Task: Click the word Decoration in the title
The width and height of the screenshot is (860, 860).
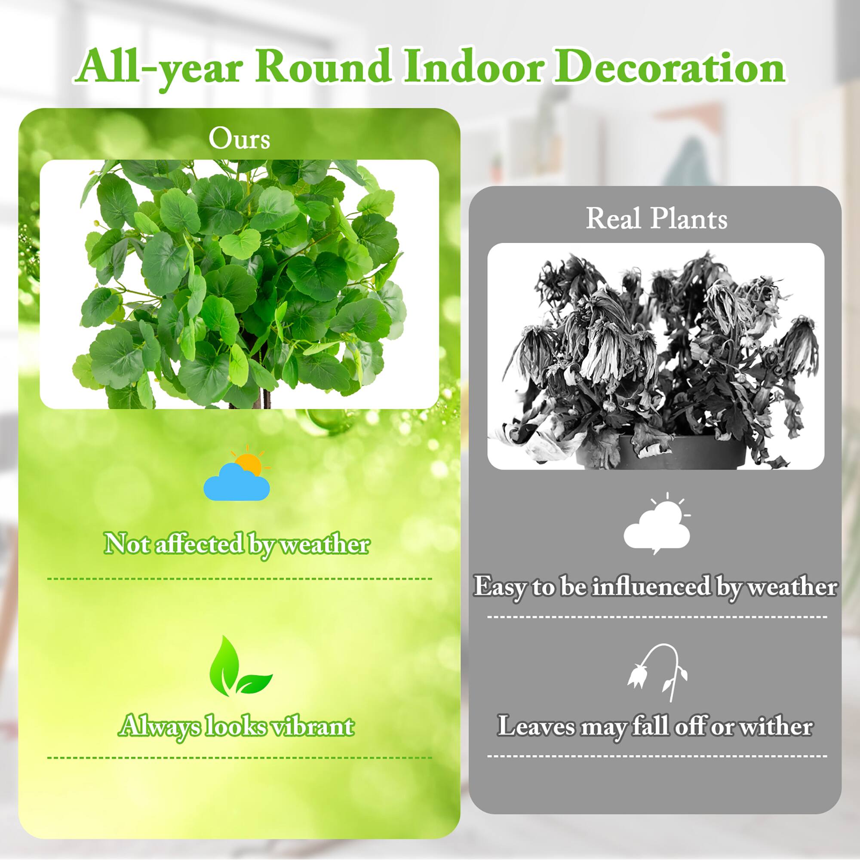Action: coord(669,68)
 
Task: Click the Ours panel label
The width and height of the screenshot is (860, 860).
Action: coord(239,139)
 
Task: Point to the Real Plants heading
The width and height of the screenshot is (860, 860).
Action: coord(656,219)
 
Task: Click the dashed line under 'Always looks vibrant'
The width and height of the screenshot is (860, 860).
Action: coord(240,758)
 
